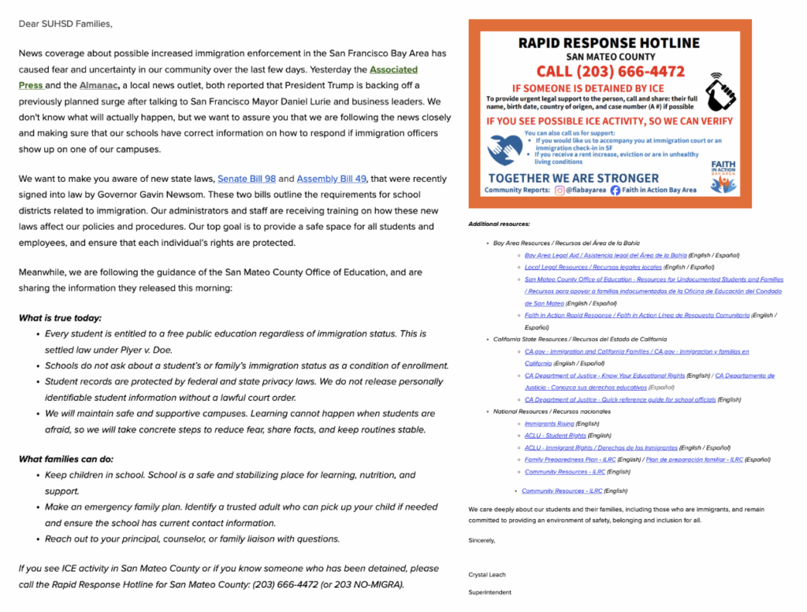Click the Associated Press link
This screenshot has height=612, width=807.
[393, 69]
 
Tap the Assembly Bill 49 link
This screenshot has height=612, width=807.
[331, 179]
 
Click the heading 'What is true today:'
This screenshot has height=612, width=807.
[60, 318]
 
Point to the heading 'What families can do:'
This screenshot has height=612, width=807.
[65, 459]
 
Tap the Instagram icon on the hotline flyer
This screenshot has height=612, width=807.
[560, 190]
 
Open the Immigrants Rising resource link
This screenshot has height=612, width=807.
[549, 424]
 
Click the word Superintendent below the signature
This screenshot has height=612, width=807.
[489, 592]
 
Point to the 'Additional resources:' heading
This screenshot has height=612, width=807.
[499, 224]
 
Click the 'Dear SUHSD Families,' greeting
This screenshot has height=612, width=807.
[65, 24]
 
